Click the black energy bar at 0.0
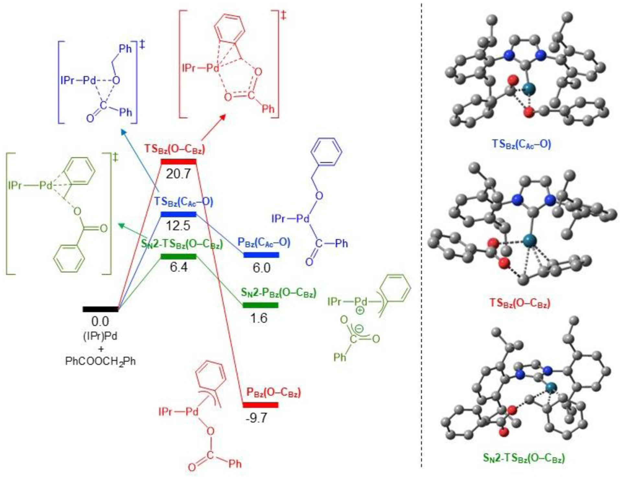[x=100, y=309]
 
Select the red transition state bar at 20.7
[x=179, y=161]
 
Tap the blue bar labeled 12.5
[x=179, y=214]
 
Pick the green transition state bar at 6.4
[x=179, y=256]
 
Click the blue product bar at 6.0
[x=261, y=255]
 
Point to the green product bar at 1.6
[x=260, y=305]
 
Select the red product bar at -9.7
[x=260, y=405]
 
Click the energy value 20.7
[x=179, y=174]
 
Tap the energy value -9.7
[x=257, y=418]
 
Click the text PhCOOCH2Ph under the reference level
[x=100, y=361]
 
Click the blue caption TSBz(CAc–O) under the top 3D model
[x=522, y=144]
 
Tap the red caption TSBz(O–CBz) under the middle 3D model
[x=520, y=303]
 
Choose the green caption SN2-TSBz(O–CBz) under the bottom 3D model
[x=524, y=458]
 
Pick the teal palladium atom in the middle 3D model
[x=530, y=241]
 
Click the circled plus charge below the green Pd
[x=360, y=310]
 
